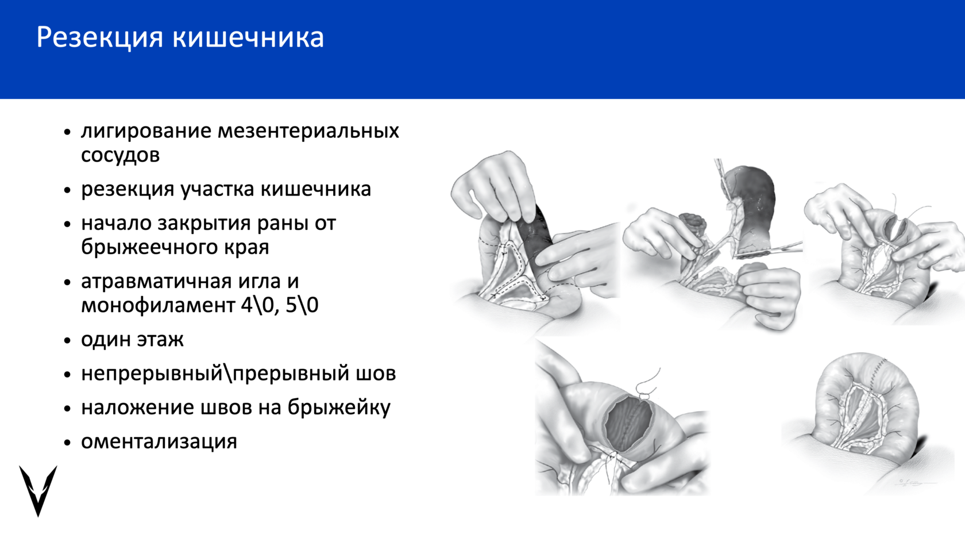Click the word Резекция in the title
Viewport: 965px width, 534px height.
100,38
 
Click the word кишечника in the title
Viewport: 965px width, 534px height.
248,37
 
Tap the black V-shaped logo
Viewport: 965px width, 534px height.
38,490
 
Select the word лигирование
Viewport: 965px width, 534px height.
146,132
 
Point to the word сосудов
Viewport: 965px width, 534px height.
120,155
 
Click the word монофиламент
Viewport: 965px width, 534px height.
158,305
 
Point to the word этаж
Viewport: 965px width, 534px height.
160,340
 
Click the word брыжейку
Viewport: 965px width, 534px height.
339,408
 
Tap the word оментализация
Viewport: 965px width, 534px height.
159,442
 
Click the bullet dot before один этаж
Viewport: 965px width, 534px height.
67,340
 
